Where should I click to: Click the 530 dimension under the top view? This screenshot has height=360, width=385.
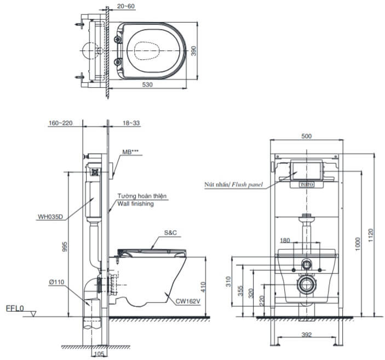(148, 85)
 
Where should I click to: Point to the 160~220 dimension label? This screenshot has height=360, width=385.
(60, 123)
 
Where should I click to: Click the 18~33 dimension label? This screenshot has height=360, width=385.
(131, 123)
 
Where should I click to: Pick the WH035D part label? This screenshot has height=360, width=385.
(50, 216)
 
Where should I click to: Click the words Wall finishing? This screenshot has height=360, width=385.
(135, 203)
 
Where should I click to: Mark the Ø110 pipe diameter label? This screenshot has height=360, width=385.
(56, 282)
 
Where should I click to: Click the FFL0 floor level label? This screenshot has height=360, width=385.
(15, 308)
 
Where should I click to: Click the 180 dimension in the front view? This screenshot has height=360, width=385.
(285, 240)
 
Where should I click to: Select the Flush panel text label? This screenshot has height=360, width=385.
(248, 185)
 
